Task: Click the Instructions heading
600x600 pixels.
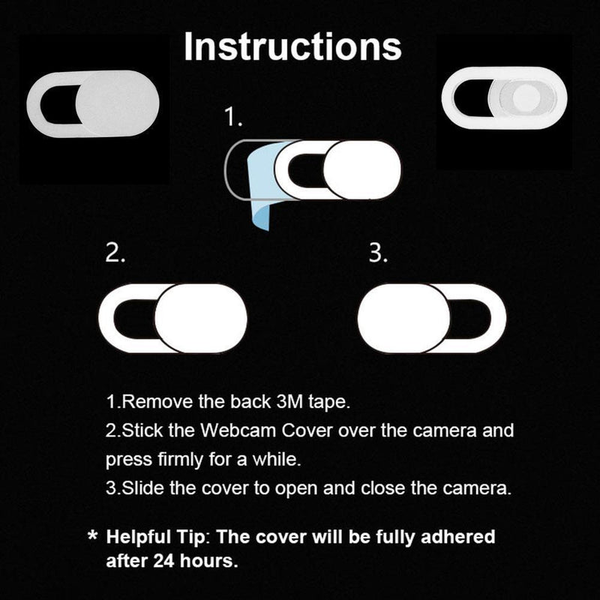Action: pyautogui.click(x=292, y=46)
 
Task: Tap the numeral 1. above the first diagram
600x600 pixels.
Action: pyautogui.click(x=233, y=117)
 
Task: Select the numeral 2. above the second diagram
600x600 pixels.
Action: pyautogui.click(x=115, y=253)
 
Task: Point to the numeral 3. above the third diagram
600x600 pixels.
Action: pyautogui.click(x=378, y=253)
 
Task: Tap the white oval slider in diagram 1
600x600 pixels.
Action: pyautogui.click(x=362, y=170)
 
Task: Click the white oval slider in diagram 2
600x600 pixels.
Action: pyautogui.click(x=201, y=318)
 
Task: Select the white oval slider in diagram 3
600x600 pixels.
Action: pyautogui.click(x=404, y=318)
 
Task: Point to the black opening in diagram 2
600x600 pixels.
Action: pyautogui.click(x=135, y=318)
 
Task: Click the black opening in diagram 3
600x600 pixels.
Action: pyautogui.click(x=470, y=318)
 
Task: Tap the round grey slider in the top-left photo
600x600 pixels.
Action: pyautogui.click(x=117, y=103)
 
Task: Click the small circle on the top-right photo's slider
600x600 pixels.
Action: pyautogui.click(x=526, y=97)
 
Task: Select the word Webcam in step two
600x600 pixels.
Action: pyautogui.click(x=238, y=430)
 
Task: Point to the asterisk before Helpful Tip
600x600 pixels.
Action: pyautogui.click(x=92, y=535)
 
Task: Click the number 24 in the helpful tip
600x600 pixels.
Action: pyautogui.click(x=164, y=561)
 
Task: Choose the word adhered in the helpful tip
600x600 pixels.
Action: pyautogui.click(x=457, y=536)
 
